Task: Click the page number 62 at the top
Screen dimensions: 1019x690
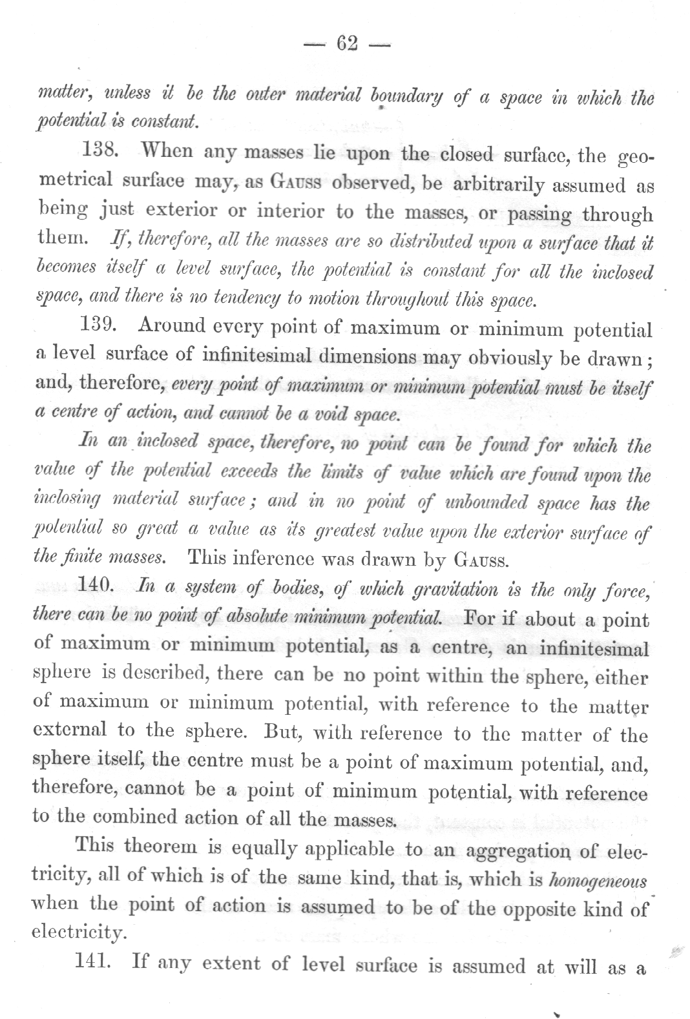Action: coord(347,44)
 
